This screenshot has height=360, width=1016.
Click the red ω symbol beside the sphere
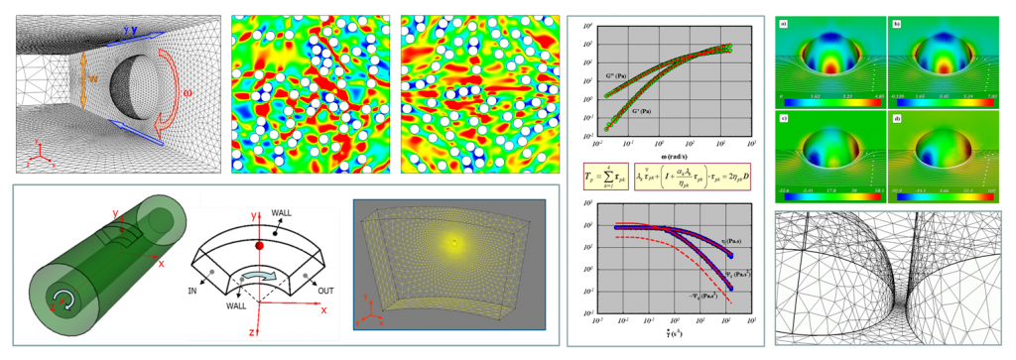188,96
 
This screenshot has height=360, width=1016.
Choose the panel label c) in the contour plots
782,117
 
